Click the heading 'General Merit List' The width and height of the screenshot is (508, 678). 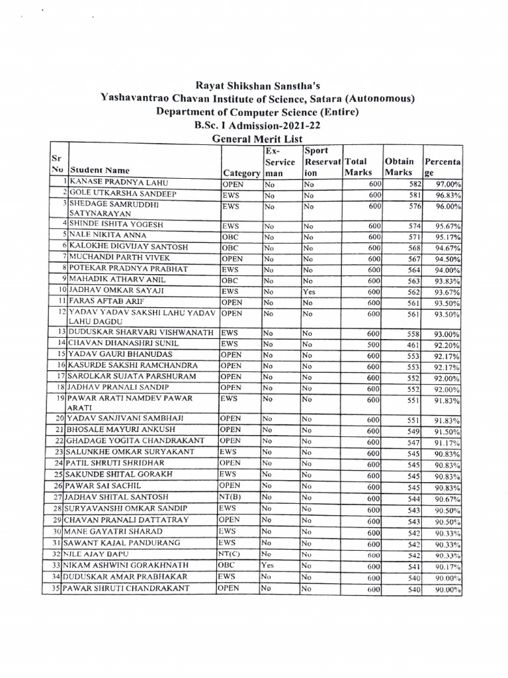(255, 139)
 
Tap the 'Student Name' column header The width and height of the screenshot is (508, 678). (100, 170)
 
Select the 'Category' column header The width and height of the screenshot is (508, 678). (240, 173)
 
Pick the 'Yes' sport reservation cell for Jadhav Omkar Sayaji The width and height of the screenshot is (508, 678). (309, 291)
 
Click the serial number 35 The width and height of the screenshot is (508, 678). (57, 588)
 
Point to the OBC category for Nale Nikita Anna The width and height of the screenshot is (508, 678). (230, 235)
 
